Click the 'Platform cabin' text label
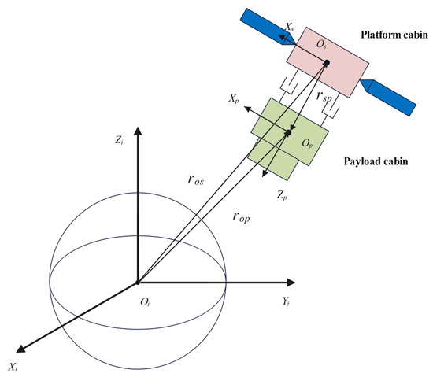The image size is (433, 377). [x=394, y=35]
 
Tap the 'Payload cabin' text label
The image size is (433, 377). [x=376, y=161]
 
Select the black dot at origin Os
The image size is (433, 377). [x=327, y=63]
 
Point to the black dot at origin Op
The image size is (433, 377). [x=288, y=133]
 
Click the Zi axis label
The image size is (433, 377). [x=120, y=141]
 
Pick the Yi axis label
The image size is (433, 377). [x=286, y=301]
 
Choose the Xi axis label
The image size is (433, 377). [x=13, y=368]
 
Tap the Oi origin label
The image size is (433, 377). [x=145, y=302]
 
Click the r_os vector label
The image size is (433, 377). [x=196, y=179]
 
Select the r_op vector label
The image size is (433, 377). [x=241, y=217]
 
